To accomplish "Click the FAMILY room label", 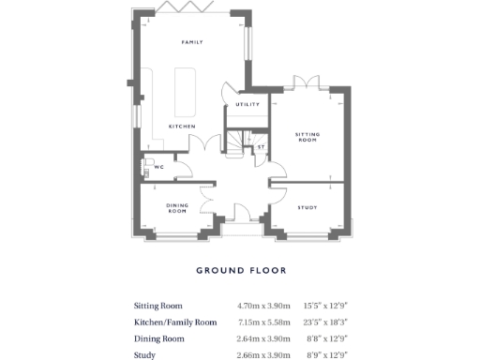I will click(192, 41).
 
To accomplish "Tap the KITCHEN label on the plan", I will click(181, 126).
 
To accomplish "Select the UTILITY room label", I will click(248, 104).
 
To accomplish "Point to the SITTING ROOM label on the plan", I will click(308, 138).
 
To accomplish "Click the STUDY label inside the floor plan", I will click(307, 206).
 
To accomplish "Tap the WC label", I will click(158, 167).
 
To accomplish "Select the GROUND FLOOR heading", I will click(241, 271).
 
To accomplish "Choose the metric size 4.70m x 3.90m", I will click(263, 306).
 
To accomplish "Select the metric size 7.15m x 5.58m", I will click(263, 322).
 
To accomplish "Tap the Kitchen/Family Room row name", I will click(175, 322).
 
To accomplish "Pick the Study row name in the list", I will click(145, 354).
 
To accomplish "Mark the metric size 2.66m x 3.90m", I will click(263, 354).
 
